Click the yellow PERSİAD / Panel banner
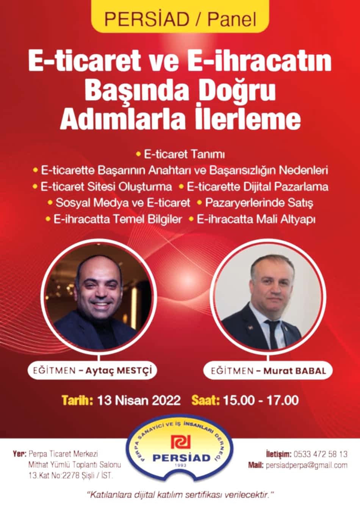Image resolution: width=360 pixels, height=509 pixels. [x=180, y=16]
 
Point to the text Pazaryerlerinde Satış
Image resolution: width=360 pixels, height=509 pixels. [x=259, y=203]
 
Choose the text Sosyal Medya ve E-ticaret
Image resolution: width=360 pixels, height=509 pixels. [x=123, y=203]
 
